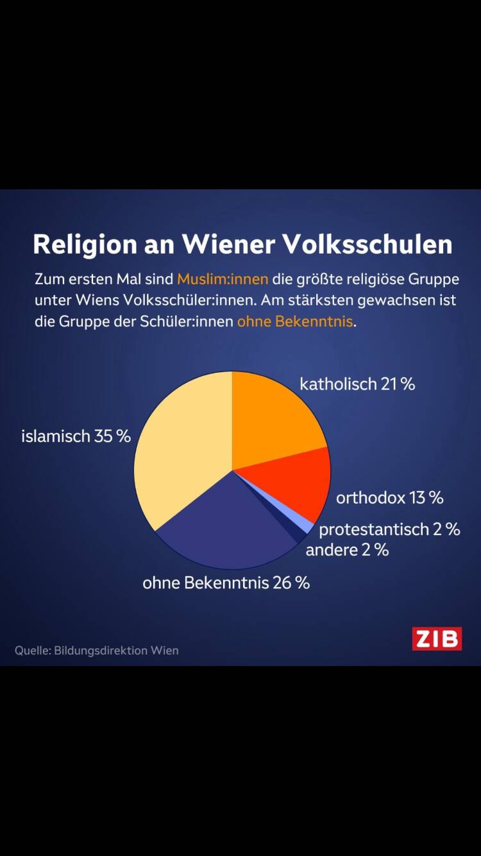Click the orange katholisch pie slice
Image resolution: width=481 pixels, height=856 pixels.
click(x=273, y=417)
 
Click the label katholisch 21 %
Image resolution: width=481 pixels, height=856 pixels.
click(x=357, y=384)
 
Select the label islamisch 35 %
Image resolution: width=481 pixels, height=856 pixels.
click(x=76, y=436)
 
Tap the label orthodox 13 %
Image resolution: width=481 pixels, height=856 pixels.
click(x=390, y=497)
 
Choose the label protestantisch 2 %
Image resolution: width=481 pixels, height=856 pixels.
click(x=389, y=529)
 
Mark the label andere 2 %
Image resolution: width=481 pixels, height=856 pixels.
click(x=347, y=550)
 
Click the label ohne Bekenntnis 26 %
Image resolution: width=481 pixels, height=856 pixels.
click(x=226, y=583)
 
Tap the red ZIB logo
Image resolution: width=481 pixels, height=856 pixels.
click(x=437, y=638)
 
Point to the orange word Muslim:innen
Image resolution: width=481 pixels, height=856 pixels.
click(x=223, y=280)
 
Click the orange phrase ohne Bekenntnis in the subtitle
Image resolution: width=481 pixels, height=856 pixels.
click(x=295, y=321)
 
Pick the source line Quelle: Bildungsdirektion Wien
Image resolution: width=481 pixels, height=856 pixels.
click(x=97, y=650)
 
